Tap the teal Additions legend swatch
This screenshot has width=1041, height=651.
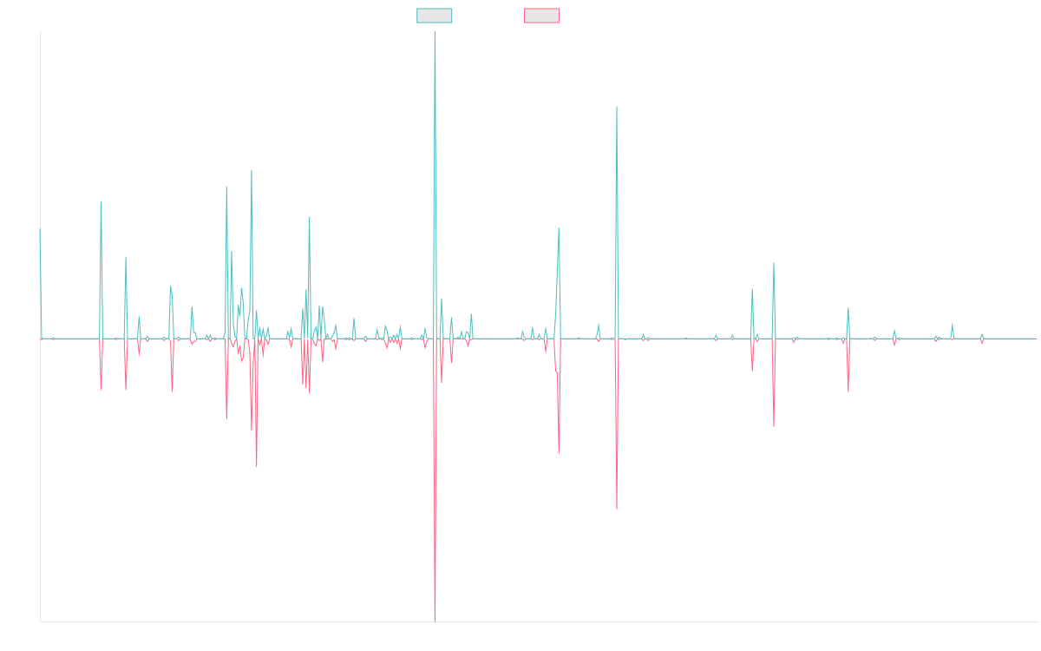tap(435, 16)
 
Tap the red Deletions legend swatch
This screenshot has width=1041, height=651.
tap(542, 16)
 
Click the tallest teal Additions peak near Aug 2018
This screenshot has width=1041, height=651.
tap(435, 32)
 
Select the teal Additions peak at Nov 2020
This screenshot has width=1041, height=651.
tap(617, 106)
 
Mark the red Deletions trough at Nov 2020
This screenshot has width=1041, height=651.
tap(617, 509)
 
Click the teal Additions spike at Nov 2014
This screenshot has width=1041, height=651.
tap(101, 202)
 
